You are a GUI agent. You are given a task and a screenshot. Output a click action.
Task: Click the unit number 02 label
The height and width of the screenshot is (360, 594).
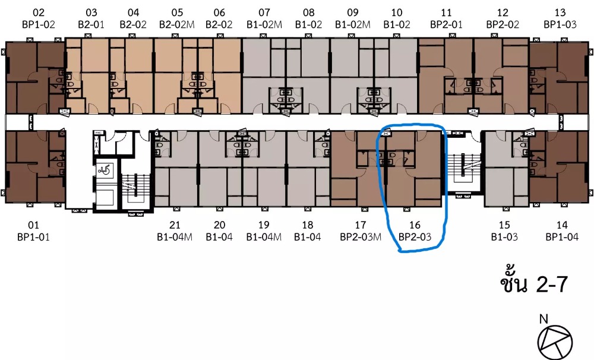(38, 13)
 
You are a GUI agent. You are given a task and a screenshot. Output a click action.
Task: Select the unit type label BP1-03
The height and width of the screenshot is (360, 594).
(560, 24)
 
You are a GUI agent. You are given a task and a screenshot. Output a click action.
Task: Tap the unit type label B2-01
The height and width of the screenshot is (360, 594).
(91, 24)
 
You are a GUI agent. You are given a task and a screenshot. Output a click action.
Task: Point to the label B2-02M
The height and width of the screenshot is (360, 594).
(176, 24)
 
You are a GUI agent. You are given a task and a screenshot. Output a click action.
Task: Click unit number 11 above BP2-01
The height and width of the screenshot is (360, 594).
(446, 13)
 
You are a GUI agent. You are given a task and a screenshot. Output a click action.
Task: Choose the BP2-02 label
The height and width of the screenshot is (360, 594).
(503, 24)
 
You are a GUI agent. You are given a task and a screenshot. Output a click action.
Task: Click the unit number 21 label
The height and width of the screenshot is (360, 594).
(175, 225)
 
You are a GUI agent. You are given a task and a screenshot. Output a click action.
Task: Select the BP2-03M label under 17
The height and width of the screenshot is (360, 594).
(361, 237)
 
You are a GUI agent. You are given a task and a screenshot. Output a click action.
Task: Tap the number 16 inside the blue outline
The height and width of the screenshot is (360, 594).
(415, 225)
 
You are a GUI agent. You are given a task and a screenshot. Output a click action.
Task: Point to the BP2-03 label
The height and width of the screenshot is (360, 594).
(415, 237)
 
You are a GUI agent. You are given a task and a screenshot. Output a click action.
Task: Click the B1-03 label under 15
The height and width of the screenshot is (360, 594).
(504, 237)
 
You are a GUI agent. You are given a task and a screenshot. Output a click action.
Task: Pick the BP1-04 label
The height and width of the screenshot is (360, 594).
(562, 237)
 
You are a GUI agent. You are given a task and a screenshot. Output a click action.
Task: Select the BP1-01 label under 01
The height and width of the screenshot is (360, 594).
(33, 237)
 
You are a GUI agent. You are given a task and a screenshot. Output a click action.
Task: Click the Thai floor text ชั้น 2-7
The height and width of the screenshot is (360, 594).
(534, 283)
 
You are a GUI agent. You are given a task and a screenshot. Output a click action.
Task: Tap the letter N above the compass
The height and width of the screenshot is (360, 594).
(544, 319)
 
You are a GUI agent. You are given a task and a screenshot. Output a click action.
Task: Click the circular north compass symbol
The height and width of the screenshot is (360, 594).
(555, 343)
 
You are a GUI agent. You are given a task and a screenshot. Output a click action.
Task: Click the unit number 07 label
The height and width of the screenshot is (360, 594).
(264, 13)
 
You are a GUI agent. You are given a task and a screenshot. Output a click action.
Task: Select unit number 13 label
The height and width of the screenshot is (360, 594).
(560, 13)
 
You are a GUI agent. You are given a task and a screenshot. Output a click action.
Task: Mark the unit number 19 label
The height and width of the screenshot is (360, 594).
(264, 225)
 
